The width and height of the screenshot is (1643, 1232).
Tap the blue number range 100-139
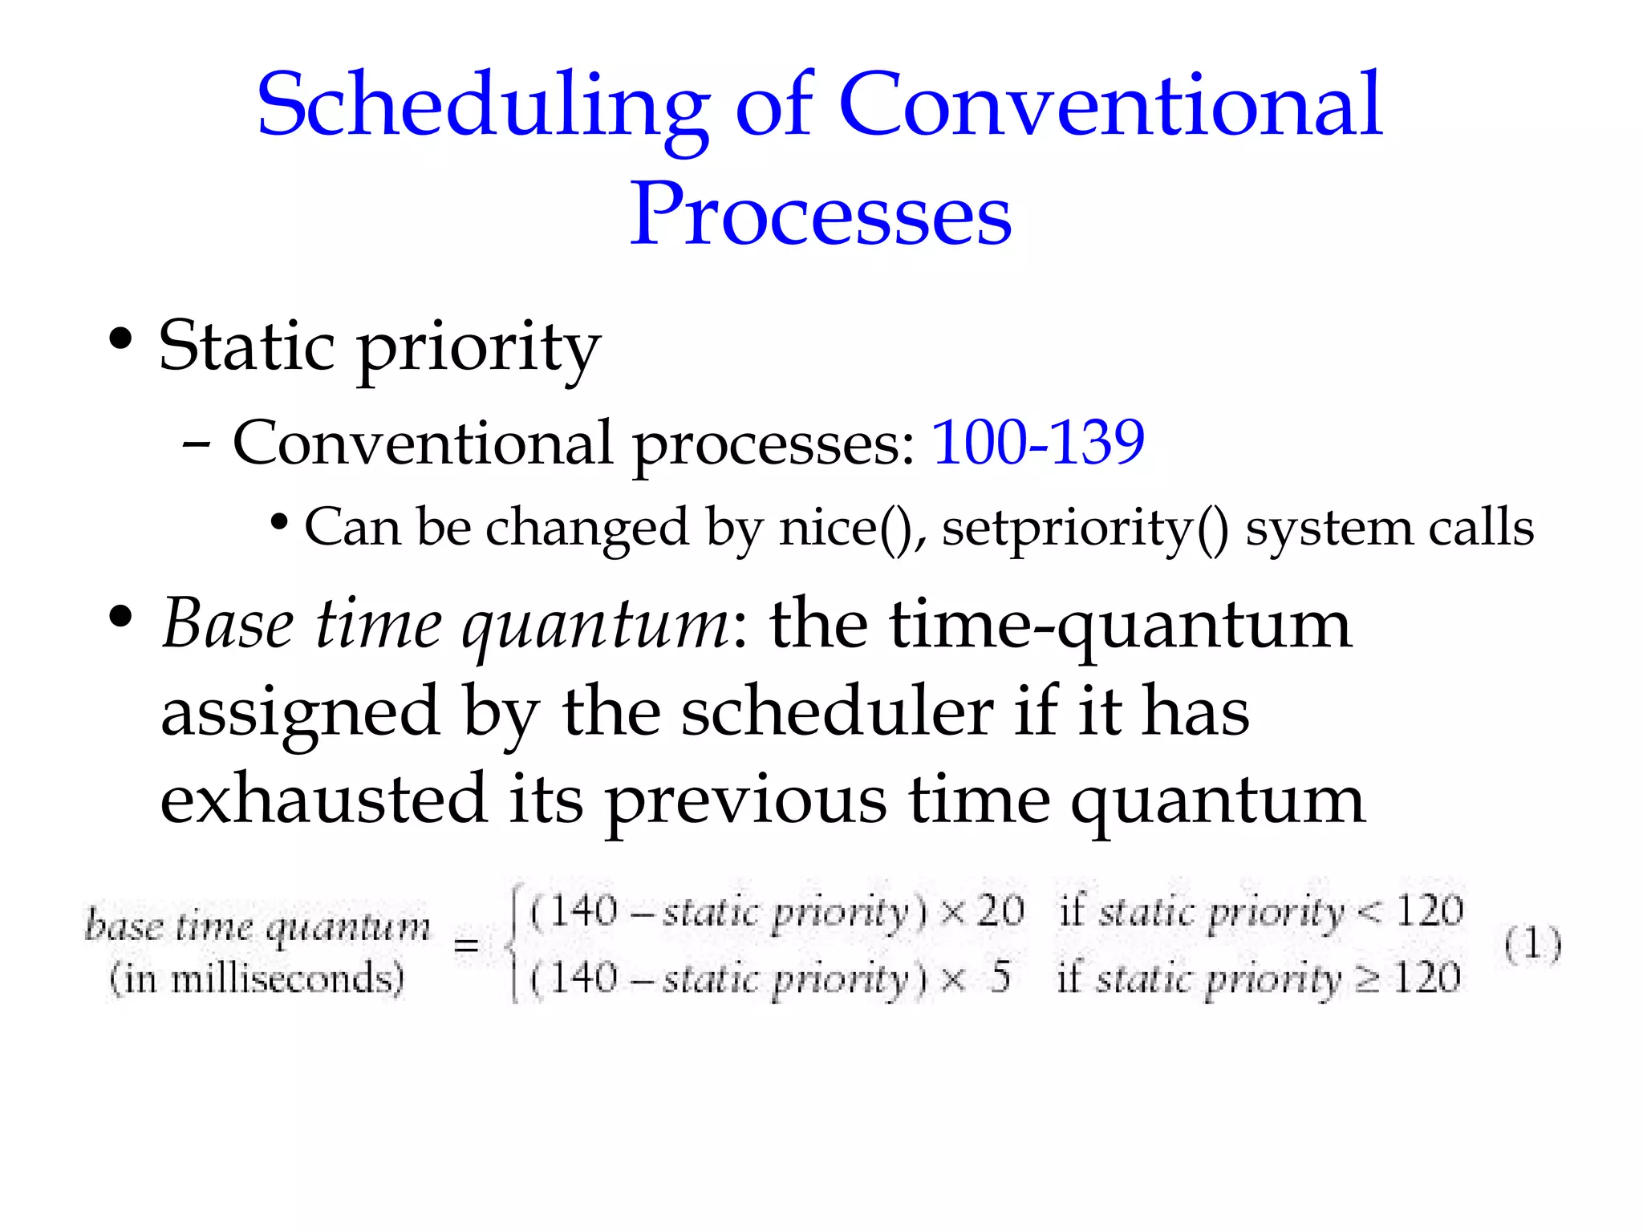pyautogui.click(x=1037, y=442)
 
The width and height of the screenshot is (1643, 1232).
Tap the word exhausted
pyautogui.click(x=323, y=800)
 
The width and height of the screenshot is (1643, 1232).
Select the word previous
pyautogui.click(x=744, y=800)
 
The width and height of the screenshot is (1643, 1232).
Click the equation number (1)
pyautogui.click(x=1532, y=944)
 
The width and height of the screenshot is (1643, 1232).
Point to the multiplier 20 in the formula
pyautogui.click(x=1000, y=911)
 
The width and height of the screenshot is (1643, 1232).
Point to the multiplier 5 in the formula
pyautogui.click(x=1000, y=978)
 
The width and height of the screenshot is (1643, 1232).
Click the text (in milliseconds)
pyautogui.click(x=257, y=979)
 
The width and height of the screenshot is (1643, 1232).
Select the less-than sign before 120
pyautogui.click(x=1370, y=913)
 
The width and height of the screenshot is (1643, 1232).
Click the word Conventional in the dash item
pyautogui.click(x=422, y=442)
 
